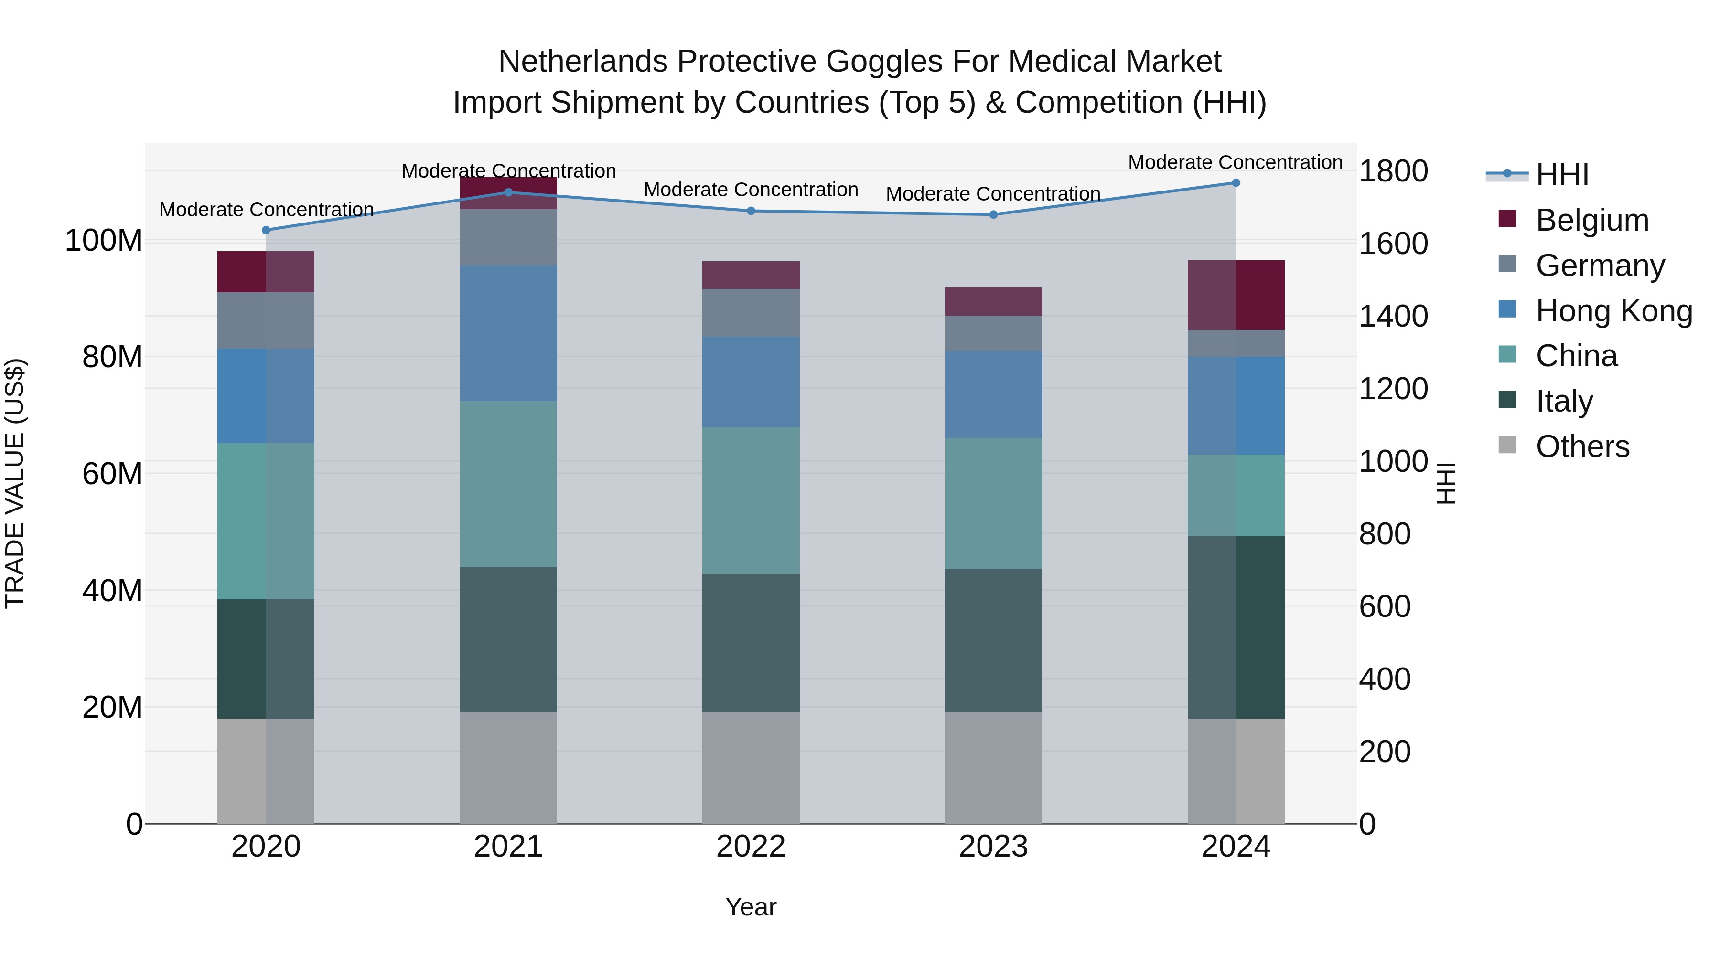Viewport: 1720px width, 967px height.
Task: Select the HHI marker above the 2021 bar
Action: coord(508,193)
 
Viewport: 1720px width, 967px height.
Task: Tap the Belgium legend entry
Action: coord(1592,220)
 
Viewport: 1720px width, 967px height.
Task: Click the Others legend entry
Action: coord(1582,446)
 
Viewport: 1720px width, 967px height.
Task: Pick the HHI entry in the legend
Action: coord(1562,175)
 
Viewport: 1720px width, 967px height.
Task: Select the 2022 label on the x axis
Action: coord(751,847)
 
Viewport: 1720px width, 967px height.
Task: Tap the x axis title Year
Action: coord(751,907)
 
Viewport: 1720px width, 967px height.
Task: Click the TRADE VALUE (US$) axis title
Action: coord(15,483)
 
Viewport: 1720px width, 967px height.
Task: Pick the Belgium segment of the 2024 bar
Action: coord(1236,295)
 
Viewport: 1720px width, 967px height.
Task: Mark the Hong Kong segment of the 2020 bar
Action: coord(266,396)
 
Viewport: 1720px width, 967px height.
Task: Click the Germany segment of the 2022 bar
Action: coord(751,312)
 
